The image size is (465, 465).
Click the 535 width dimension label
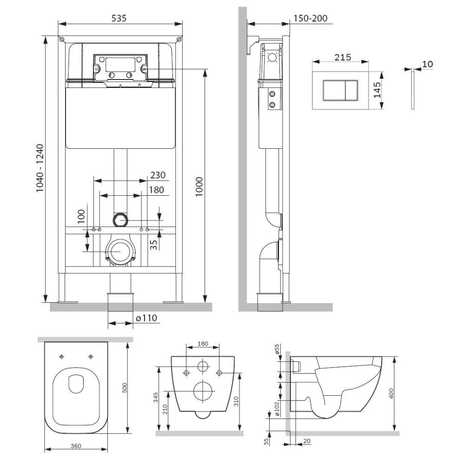[x=119, y=18]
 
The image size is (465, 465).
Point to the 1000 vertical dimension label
[x=199, y=186]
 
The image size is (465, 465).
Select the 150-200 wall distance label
[x=311, y=18]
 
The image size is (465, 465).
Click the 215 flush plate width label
[x=343, y=57]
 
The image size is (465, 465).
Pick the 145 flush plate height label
[x=377, y=90]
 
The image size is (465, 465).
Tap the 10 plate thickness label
[x=427, y=64]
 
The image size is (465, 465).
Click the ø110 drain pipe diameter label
[x=146, y=318]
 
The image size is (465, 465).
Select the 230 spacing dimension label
[x=158, y=175]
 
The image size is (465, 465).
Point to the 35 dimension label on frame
[x=153, y=245]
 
